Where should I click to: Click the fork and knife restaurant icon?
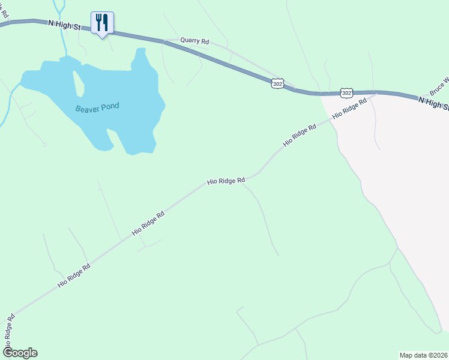(102, 23)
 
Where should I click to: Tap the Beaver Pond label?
(97, 107)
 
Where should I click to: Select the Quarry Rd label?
(194, 42)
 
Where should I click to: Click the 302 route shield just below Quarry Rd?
(277, 84)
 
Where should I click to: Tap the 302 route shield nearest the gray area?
(346, 92)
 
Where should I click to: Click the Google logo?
(20, 353)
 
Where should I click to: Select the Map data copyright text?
(423, 355)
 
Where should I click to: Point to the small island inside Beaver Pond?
(78, 83)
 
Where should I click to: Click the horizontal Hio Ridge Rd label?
(226, 180)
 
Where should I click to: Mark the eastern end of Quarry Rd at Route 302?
(294, 88)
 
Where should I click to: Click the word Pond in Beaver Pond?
(110, 106)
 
